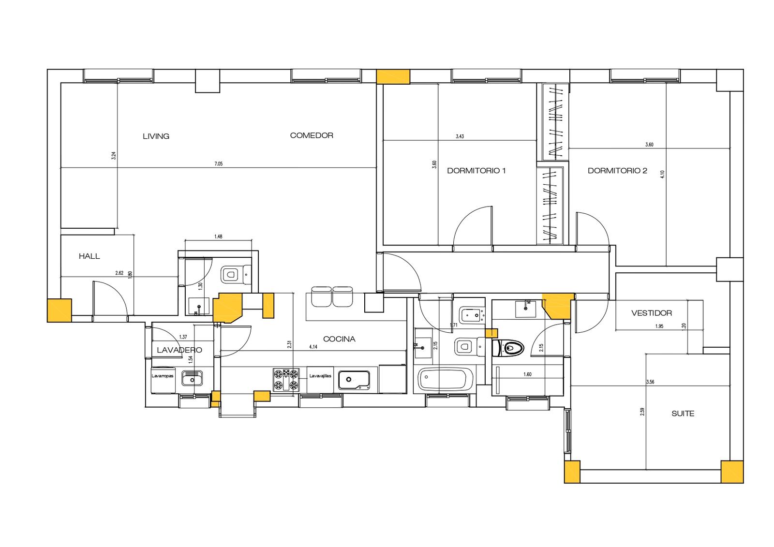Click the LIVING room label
[x=156, y=136]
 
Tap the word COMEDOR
[x=312, y=135]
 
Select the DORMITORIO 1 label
[x=476, y=170]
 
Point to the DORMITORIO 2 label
[x=617, y=170]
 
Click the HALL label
[x=89, y=256]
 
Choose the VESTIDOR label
[x=651, y=313]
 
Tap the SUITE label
[x=683, y=414]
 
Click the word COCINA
[x=339, y=339]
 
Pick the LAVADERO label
[x=179, y=350]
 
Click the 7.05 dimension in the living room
[x=218, y=164]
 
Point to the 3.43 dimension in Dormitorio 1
[x=460, y=136]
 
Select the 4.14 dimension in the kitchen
[x=313, y=347]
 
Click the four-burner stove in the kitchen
[x=285, y=379]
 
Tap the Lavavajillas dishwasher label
[x=320, y=376]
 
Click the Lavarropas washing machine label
[x=163, y=376]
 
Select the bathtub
[x=445, y=379]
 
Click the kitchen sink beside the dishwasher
[x=354, y=380]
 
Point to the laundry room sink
[x=192, y=378]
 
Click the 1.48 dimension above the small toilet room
[x=218, y=237]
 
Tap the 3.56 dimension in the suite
[x=650, y=382]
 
